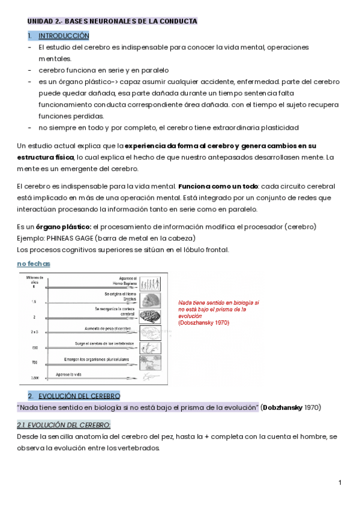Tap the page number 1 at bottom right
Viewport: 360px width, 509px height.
[340, 483]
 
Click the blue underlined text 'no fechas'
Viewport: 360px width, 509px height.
[34, 264]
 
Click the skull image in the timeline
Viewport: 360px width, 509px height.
[150, 300]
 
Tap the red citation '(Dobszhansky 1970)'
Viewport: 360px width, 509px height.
[203, 323]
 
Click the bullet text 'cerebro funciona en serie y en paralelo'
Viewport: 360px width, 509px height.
[104, 70]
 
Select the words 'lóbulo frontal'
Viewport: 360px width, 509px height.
[208, 250]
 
